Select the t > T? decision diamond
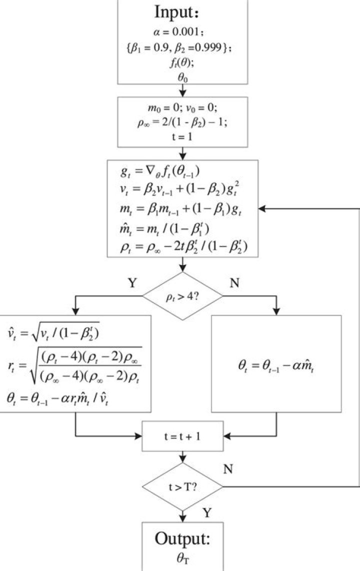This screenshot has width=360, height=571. (x=182, y=485)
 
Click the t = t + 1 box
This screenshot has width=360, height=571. (x=182, y=435)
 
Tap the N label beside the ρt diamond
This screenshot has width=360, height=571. (x=234, y=283)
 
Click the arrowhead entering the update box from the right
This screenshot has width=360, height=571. (x=262, y=209)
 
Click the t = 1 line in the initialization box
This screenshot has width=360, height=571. (x=182, y=136)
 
